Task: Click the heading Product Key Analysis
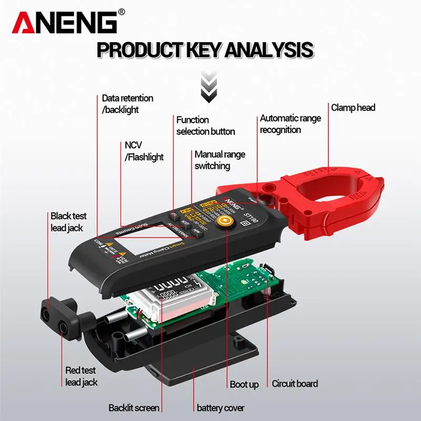(x=206, y=51)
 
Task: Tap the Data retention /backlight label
(x=127, y=104)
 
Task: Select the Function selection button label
(x=205, y=125)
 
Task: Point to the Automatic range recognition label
(x=290, y=124)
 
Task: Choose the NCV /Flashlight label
(x=144, y=151)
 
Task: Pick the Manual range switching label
(x=219, y=160)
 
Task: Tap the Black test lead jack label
(x=68, y=221)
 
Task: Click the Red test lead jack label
(x=82, y=376)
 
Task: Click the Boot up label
(x=244, y=384)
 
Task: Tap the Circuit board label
(x=295, y=384)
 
